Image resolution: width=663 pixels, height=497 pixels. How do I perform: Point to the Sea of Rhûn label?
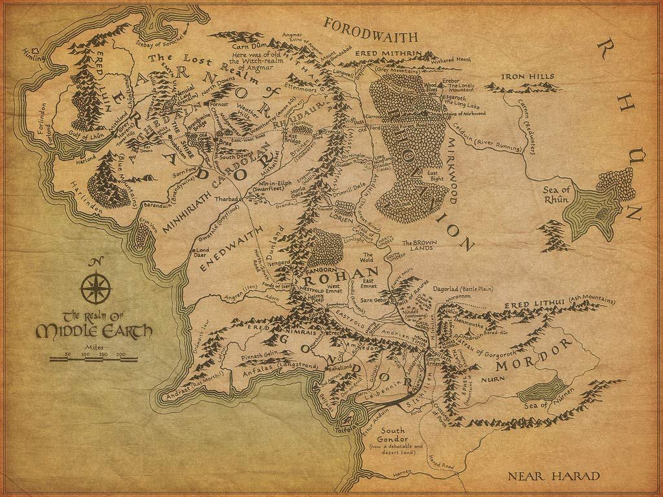pyautogui.click(x=556, y=193)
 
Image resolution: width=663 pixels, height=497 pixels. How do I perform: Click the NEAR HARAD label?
pyautogui.click(x=554, y=477)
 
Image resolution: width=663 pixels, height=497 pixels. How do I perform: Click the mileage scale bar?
pyautogui.click(x=95, y=360)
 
